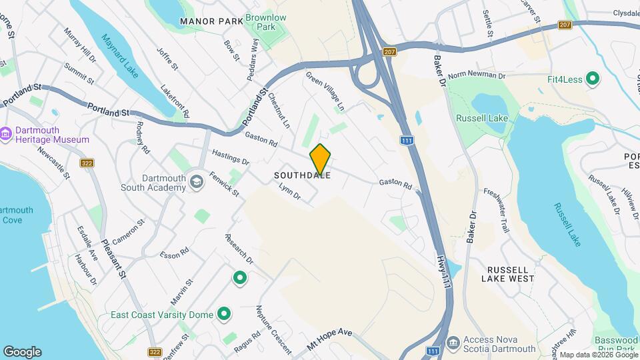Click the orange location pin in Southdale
coord(321,159)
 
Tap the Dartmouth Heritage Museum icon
coord(7,134)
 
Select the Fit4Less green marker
coord(591,79)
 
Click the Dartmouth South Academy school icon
coord(196,182)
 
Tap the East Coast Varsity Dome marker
coord(224,314)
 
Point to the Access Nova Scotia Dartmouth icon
coord(453,343)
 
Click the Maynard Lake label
coord(120,56)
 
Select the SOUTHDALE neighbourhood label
coord(302,176)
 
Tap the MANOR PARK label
coord(211,21)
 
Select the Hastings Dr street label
coord(230,157)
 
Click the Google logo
coord(22,351)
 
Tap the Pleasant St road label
coord(113,259)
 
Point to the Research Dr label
coord(239,249)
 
